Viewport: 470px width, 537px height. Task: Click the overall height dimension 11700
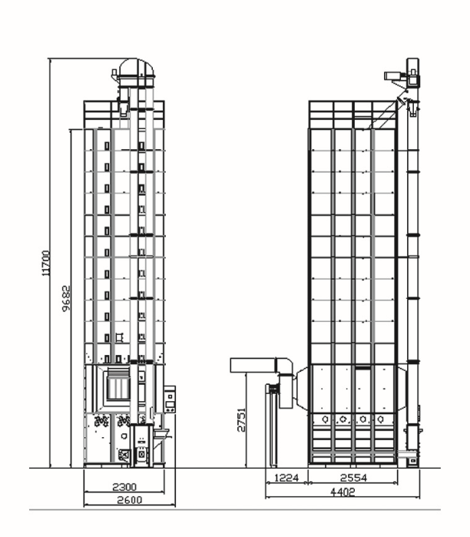point(46,263)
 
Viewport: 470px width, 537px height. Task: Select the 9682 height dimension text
point(66,298)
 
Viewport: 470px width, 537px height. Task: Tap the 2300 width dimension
point(124,486)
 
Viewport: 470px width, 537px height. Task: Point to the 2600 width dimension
point(129,500)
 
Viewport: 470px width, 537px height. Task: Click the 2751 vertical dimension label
point(241,419)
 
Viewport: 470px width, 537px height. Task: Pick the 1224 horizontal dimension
point(286,477)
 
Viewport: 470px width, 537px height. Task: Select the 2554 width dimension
point(353,477)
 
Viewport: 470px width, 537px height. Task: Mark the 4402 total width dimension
point(343,492)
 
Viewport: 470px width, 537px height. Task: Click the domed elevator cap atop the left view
point(136,68)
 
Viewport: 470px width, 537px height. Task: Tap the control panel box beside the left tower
point(170,399)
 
